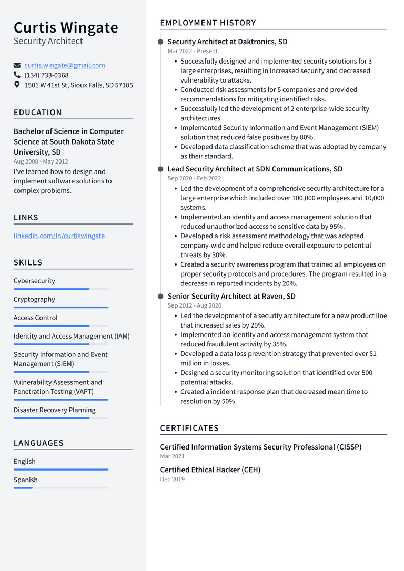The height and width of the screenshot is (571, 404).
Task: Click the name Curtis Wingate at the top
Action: (66, 27)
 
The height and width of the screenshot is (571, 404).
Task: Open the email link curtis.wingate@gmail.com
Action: (64, 65)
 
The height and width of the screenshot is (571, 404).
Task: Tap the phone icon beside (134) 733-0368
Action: (17, 75)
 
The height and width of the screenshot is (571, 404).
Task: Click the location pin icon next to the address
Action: (17, 85)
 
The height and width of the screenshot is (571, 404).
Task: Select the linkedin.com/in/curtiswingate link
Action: (59, 236)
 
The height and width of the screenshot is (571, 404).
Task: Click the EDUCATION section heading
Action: (38, 113)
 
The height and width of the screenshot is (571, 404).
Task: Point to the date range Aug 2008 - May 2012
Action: (41, 161)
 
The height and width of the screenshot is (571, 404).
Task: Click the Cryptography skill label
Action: (34, 299)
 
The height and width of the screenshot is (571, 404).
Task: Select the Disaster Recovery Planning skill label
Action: (55, 410)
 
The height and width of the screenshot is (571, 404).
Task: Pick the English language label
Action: (25, 461)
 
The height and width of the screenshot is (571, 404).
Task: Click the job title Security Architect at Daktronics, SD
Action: (227, 42)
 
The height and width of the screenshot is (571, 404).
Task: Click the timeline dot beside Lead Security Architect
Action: (160, 169)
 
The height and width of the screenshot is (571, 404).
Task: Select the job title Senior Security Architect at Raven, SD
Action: (231, 296)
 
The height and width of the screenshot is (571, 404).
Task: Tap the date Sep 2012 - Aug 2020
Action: (194, 305)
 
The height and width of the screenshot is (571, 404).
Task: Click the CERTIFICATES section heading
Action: (189, 428)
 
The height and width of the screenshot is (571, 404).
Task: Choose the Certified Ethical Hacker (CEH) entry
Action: (210, 470)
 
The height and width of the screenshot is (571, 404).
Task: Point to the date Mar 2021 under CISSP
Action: (172, 456)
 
